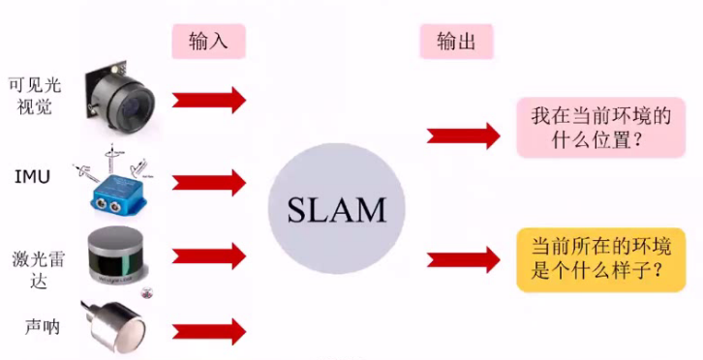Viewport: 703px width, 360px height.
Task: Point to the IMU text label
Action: [x=32, y=177]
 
